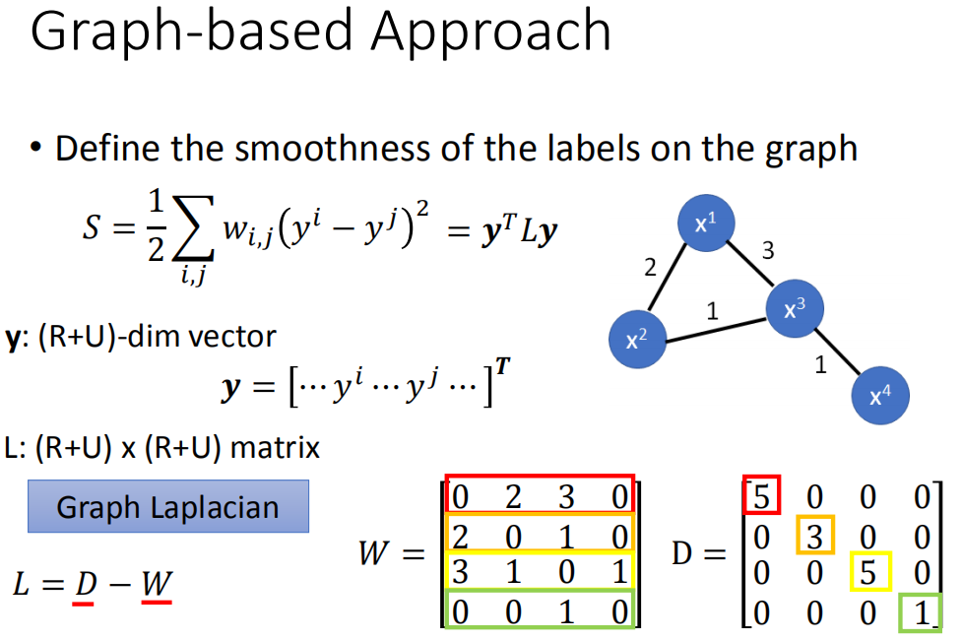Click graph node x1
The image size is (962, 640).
click(705, 224)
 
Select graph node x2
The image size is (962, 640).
click(637, 340)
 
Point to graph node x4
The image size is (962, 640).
click(880, 396)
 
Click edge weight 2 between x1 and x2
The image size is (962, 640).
click(649, 267)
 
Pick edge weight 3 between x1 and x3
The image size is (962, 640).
click(768, 251)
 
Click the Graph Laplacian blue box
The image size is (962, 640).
click(167, 507)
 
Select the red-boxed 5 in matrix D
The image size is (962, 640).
click(760, 494)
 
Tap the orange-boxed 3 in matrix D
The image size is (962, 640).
click(815, 536)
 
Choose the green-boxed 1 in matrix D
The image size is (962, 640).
click(920, 611)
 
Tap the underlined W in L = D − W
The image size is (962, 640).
click(156, 585)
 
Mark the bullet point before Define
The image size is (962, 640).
click(36, 148)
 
